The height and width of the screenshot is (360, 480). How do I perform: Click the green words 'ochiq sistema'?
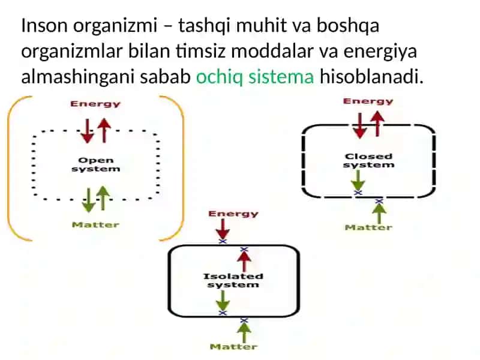[255, 76]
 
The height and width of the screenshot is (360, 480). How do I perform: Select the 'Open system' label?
[96, 164]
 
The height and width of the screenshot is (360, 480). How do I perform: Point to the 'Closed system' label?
[368, 160]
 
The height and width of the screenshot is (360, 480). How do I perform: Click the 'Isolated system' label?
[233, 280]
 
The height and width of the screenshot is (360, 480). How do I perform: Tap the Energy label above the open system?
[95, 104]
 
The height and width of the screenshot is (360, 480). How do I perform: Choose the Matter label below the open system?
[95, 224]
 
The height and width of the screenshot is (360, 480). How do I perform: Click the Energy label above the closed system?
[368, 101]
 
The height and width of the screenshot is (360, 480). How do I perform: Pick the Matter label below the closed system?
[368, 227]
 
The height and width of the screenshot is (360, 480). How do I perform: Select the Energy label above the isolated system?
[233, 214]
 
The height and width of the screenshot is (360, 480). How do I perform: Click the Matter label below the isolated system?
[233, 347]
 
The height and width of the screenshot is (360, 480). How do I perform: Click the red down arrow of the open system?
[87, 131]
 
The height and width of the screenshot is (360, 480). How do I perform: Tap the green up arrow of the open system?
[103, 199]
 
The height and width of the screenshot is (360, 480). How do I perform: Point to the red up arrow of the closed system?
[378, 124]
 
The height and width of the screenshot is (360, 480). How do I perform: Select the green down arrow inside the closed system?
[358, 181]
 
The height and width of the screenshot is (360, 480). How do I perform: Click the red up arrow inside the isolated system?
[244, 262]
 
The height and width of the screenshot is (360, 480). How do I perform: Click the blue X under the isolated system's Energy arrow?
[223, 242]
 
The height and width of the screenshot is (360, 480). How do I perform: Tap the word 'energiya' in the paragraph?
[380, 52]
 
